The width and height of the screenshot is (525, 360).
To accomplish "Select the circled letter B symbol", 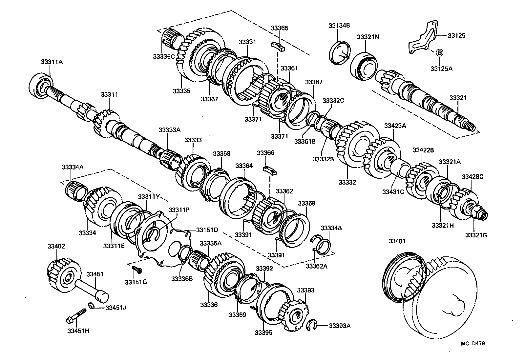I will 439,52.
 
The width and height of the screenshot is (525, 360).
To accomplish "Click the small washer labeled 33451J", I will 93,306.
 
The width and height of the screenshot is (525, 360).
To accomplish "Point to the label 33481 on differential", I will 397,241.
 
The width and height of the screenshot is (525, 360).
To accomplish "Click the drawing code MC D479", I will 472,343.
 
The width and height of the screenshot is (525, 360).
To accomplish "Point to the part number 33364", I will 244,166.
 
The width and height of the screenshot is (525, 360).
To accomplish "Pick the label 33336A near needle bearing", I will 211,243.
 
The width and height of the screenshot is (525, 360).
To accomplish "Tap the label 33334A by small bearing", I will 73,167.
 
